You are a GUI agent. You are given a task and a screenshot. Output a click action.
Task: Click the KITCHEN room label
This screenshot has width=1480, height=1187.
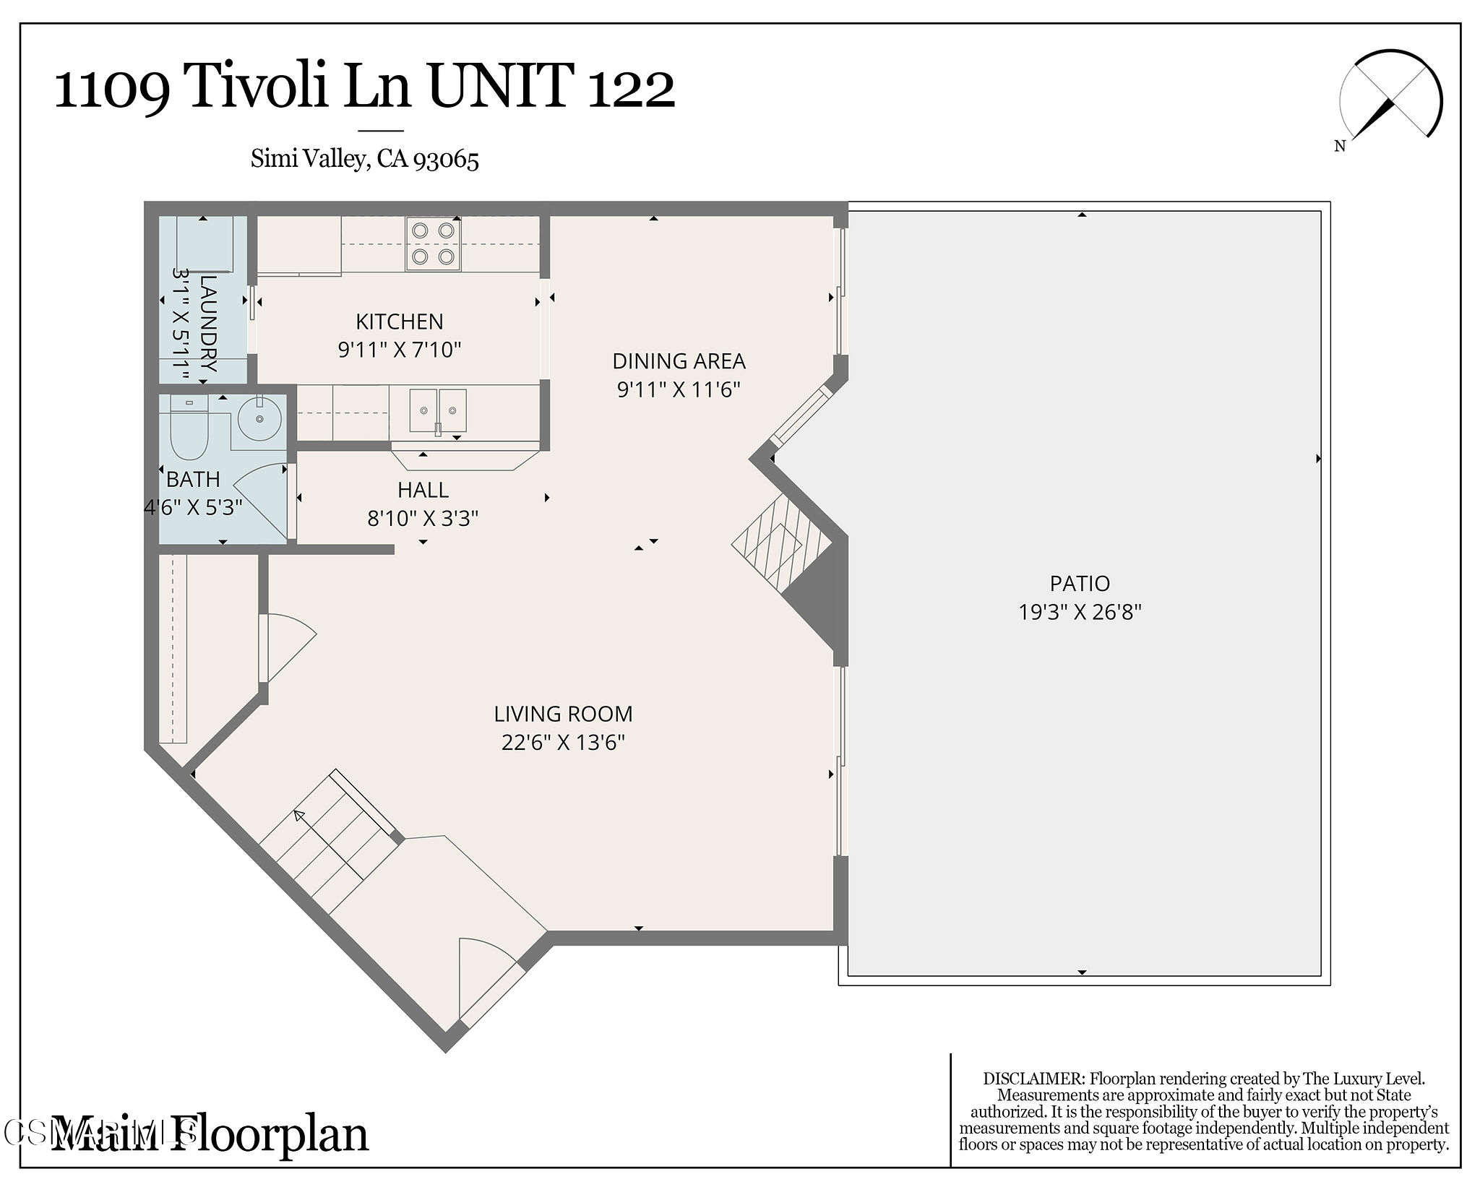point(399,321)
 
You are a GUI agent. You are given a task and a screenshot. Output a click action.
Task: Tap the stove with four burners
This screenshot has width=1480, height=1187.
point(433,243)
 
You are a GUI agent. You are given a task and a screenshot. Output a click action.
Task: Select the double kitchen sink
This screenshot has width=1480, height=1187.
point(438,411)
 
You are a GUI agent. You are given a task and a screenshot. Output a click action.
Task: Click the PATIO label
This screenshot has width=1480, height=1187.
point(1080,583)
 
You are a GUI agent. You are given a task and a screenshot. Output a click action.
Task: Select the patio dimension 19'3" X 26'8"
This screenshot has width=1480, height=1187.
point(1080,612)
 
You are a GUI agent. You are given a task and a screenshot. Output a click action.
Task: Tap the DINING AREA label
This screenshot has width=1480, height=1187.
point(679,361)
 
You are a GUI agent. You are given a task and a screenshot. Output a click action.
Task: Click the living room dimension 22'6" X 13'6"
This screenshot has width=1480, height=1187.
point(563,742)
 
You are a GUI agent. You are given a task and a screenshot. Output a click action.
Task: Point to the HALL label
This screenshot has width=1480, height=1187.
point(423,490)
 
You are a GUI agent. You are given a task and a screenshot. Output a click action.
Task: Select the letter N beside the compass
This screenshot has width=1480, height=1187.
point(1340,146)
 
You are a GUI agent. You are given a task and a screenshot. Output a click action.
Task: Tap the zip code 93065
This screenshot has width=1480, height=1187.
point(446,159)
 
